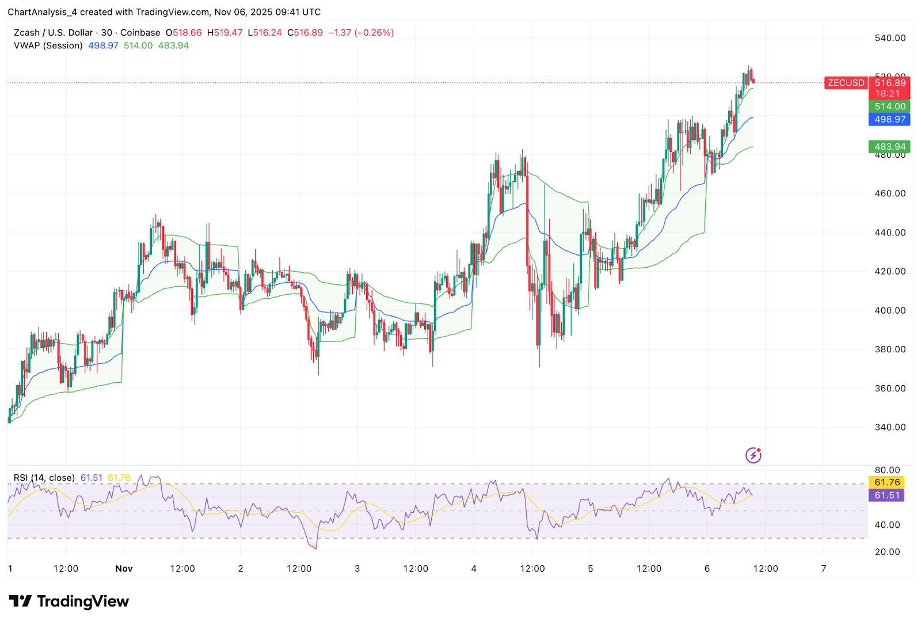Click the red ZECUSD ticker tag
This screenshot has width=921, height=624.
click(x=846, y=83)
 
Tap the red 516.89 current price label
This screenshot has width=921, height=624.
click(x=889, y=83)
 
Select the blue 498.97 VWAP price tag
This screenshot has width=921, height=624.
click(x=889, y=119)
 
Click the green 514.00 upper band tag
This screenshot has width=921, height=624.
click(x=889, y=106)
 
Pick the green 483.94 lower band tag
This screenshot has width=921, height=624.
click(x=889, y=147)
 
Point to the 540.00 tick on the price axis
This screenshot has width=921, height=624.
click(x=890, y=38)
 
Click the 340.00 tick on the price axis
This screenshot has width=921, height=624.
click(x=890, y=427)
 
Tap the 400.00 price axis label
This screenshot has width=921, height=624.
click(x=890, y=310)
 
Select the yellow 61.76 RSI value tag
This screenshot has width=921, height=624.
click(x=886, y=482)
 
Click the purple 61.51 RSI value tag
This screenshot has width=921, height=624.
click(x=886, y=495)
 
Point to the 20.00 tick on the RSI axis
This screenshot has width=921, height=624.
click(x=887, y=551)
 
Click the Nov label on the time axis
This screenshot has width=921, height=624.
click(x=124, y=569)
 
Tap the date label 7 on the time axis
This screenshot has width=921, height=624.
click(x=824, y=569)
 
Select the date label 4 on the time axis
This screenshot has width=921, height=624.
click(x=474, y=569)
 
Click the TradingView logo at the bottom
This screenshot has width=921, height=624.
click(x=69, y=602)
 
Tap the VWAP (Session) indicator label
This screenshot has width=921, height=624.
click(x=48, y=45)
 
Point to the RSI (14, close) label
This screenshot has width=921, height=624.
click(x=44, y=478)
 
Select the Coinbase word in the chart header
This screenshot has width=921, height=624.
click(x=140, y=33)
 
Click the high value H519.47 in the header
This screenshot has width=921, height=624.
click(x=224, y=33)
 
